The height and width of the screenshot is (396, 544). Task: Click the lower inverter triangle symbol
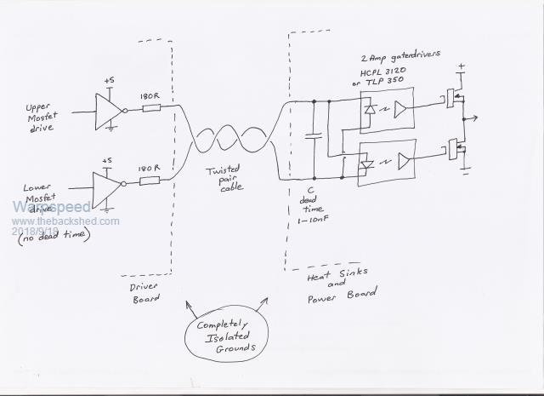pyautogui.click(x=108, y=187)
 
